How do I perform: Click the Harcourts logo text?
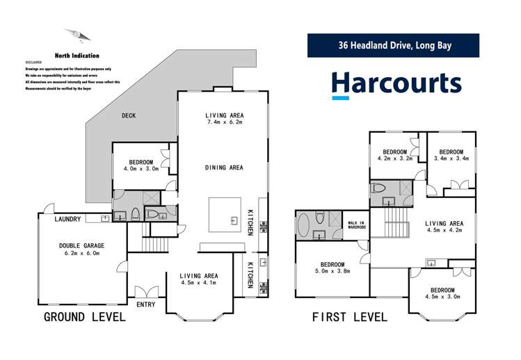pos(396,83)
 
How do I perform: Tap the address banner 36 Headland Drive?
pos(394,47)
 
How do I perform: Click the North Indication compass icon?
pos(77,35)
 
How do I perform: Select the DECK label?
pos(128,115)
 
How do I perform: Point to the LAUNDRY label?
pos(69,220)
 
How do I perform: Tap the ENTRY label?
pos(146,304)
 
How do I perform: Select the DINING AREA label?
pos(224,167)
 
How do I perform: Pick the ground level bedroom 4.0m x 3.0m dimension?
pos(141,168)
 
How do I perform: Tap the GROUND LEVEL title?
pos(85,318)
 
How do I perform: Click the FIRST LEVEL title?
pos(349,318)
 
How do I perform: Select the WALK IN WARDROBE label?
pos(356,225)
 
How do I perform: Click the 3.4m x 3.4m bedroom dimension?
pos(451,158)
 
